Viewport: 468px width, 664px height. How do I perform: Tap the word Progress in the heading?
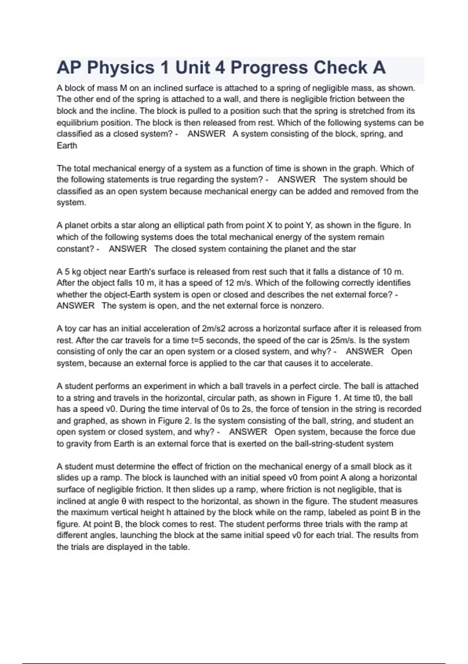[x=269, y=68]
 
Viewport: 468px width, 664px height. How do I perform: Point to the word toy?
[x=71, y=329]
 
